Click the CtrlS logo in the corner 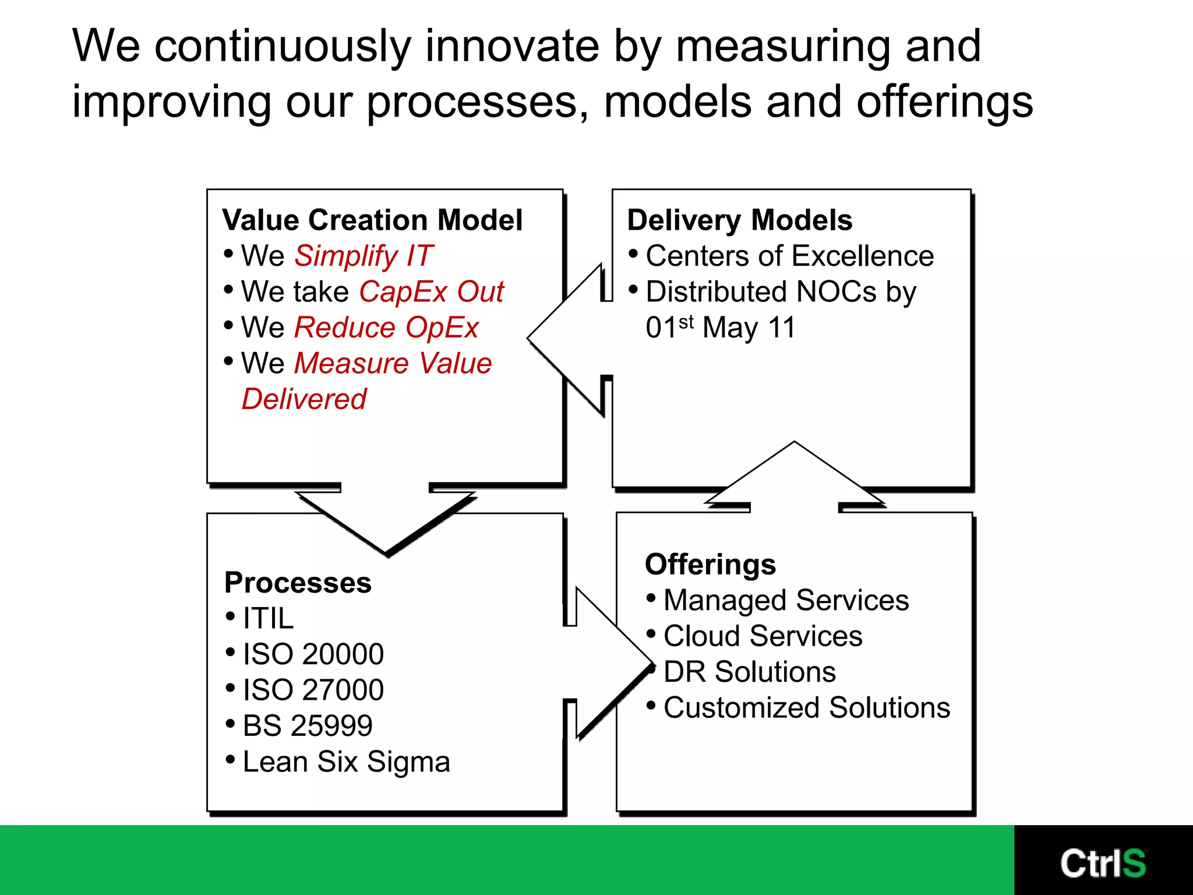coord(1103,863)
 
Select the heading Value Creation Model coord(372,220)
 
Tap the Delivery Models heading coord(739,220)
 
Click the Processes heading coord(298,583)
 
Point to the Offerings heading coord(710,564)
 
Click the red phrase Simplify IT coord(363,256)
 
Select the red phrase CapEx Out coord(431,291)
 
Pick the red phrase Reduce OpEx coord(386,327)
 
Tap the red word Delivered coord(304,399)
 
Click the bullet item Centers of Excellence coord(789,256)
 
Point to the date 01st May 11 coord(720,327)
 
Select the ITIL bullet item coord(268,618)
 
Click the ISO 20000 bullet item coord(313,654)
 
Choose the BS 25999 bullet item coord(307,726)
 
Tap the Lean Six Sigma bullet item coord(346,762)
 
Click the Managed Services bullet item coord(786,600)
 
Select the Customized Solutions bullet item coord(806,708)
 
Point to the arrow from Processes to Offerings coord(609,663)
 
